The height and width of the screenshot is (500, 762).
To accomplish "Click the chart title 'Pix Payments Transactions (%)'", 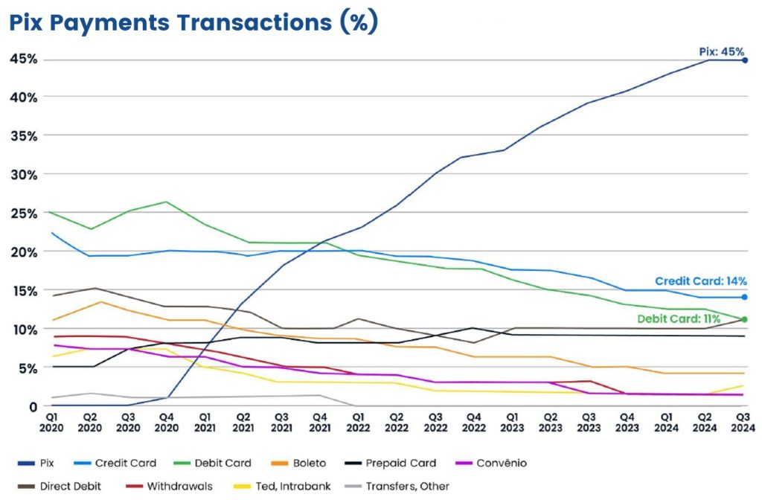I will [193, 22].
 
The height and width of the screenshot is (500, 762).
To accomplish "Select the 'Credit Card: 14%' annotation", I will [700, 281].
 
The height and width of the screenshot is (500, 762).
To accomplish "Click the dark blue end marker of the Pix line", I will [745, 60].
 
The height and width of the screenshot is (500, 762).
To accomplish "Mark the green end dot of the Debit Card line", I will [745, 320].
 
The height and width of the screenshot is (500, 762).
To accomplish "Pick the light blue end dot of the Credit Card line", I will [745, 298].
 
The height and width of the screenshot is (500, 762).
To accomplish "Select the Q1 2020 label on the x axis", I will [51, 422].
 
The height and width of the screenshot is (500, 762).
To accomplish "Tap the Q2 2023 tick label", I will [551, 422].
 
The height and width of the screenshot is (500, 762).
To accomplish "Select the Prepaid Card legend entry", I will [400, 464].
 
